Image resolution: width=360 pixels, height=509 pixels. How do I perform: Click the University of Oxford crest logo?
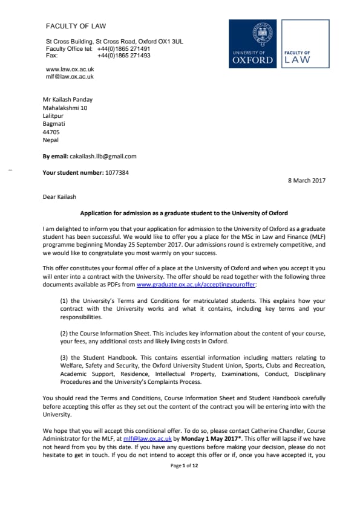tap(253, 44)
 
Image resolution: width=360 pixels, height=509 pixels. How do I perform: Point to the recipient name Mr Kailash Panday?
tap(67, 100)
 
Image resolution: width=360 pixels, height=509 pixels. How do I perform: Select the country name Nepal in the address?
tap(50, 140)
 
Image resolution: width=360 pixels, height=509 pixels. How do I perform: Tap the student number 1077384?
tap(116, 172)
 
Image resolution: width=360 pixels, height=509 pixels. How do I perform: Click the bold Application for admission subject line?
tap(184, 213)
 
